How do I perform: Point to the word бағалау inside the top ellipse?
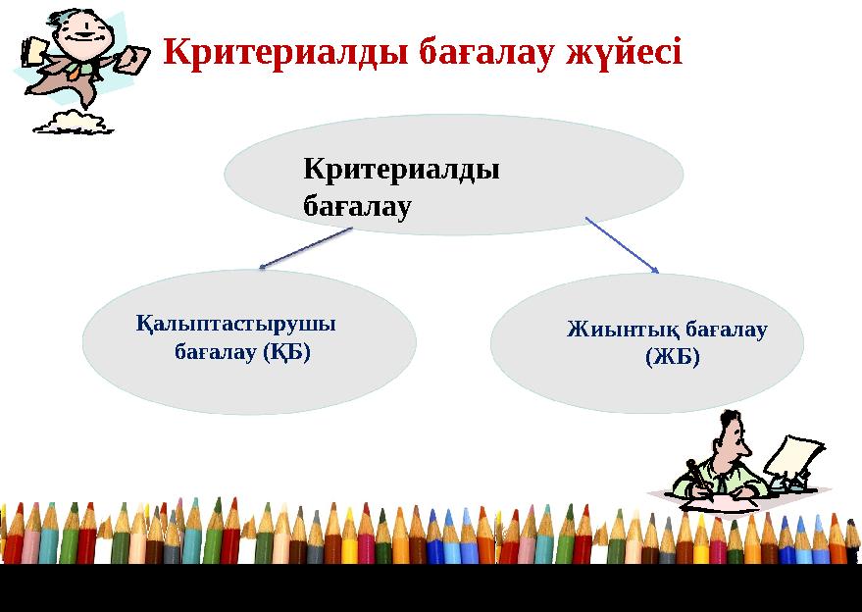tap(356, 207)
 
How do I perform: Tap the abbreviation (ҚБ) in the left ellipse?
tap(286, 351)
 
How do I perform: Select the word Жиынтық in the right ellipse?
tap(615, 330)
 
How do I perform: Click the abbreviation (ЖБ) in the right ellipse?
tap(672, 357)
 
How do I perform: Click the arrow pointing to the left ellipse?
tap(305, 248)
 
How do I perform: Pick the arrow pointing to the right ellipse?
tap(622, 244)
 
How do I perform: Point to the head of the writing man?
tap(731, 433)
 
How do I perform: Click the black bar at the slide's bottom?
tap(431, 587)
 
